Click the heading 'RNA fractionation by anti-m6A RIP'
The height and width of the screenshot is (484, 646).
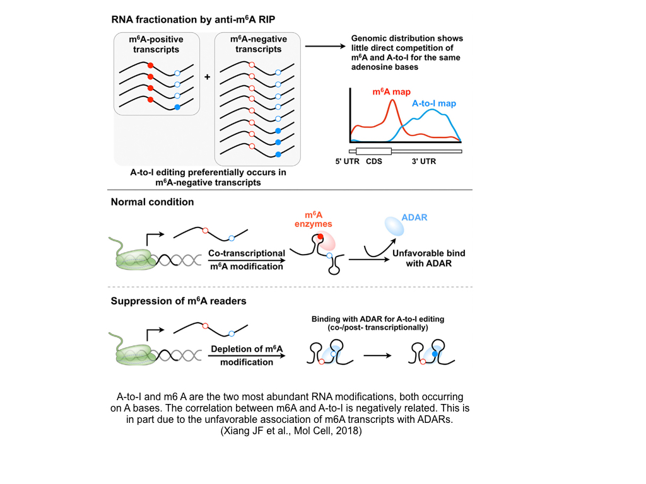coord(193,20)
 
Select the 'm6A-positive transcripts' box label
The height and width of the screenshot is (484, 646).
coord(156,45)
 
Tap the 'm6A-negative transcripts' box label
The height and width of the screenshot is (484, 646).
coord(258,44)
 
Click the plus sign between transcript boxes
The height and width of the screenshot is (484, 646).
coord(207,77)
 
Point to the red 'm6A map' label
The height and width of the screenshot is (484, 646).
coord(391,92)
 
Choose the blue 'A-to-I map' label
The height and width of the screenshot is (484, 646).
coord(434,103)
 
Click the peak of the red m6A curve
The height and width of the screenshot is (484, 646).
coord(392,100)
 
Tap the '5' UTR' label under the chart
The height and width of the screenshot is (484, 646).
coord(348,161)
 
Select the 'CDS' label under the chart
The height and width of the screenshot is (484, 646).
coord(374,161)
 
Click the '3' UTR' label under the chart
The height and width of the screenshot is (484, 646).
coord(424,161)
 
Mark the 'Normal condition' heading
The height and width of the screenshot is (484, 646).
coord(153,202)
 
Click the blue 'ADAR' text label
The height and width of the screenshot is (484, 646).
coord(414,217)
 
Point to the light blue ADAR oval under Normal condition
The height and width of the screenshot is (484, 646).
coord(394,226)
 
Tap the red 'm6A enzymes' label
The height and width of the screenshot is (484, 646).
coord(313,219)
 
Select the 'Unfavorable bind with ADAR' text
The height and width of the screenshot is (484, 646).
coord(429,258)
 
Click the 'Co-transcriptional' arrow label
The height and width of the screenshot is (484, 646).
coord(247,253)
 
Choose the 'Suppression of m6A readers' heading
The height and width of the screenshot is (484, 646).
coord(179,301)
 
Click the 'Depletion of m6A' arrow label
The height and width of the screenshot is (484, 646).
coord(247,349)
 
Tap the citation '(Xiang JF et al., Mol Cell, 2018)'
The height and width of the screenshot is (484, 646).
coord(291,431)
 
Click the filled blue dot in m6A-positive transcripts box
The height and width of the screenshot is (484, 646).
coord(177,107)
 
